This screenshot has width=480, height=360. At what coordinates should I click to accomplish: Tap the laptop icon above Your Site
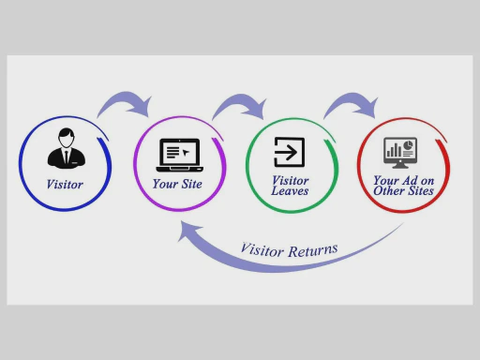pyautogui.click(x=179, y=153)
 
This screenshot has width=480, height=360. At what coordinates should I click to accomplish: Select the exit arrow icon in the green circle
pyautogui.click(x=290, y=151)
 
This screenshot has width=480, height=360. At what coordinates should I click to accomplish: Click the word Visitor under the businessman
pyautogui.click(x=65, y=184)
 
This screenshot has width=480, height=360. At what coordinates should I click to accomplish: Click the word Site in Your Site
pyautogui.click(x=191, y=184)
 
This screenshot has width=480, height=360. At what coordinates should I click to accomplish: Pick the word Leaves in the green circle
pyautogui.click(x=290, y=191)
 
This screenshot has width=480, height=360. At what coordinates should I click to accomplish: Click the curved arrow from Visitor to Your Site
pyautogui.click(x=126, y=98)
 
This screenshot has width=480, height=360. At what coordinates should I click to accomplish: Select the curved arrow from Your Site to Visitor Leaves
pyautogui.click(x=238, y=99)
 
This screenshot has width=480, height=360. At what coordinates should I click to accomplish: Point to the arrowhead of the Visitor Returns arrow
pyautogui.click(x=190, y=234)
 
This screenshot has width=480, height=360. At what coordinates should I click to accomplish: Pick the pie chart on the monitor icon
pyautogui.click(x=409, y=145)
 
